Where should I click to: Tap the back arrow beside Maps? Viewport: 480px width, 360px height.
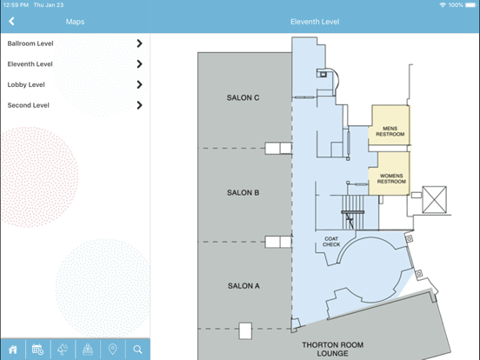coord(11,22)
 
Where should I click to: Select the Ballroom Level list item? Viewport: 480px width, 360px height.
coord(75,43)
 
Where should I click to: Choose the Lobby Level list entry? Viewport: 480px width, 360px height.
coord(75,84)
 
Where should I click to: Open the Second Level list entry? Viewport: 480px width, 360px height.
coord(75,105)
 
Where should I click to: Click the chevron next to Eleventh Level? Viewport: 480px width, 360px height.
coord(140,64)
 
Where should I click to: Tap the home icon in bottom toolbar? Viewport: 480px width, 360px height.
coord(13,350)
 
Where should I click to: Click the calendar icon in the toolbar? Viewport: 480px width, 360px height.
coord(38,350)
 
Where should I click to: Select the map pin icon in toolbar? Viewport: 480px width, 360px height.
coord(113,350)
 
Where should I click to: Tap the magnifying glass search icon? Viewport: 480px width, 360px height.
coord(137,350)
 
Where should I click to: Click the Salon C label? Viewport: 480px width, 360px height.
coord(243,97)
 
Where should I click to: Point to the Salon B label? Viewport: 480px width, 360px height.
coord(243,192)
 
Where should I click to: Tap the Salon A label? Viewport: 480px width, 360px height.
coord(243,286)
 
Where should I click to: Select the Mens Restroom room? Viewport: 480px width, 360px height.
coord(390,125)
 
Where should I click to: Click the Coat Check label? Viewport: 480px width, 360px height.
coord(331,242)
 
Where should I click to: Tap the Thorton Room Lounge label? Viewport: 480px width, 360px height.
coord(333,349)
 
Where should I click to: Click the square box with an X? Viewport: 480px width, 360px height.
coord(434,200)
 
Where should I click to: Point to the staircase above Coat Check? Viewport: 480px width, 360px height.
coord(353,212)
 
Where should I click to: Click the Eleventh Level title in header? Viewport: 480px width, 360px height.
coord(315,22)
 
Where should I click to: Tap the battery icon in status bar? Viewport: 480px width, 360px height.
coord(470,5)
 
